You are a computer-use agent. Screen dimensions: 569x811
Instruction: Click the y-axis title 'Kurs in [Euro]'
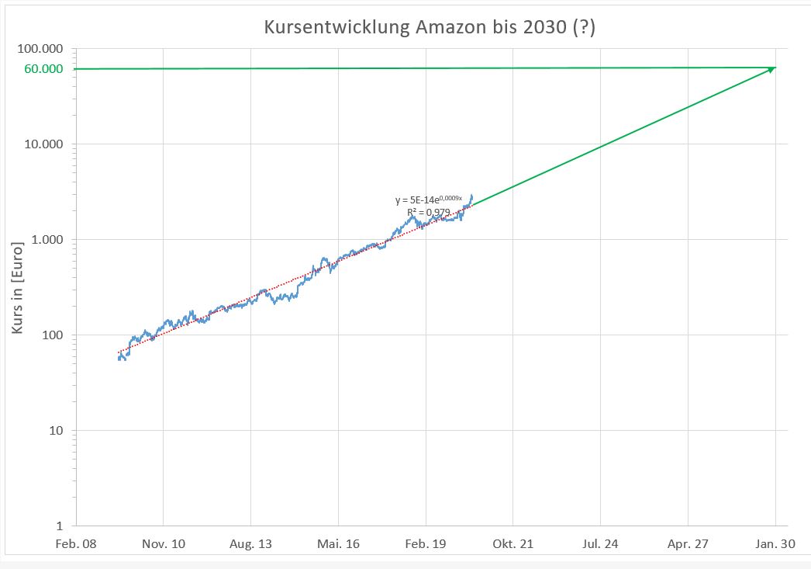(17, 287)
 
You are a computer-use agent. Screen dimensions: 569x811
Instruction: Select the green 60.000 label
(43, 69)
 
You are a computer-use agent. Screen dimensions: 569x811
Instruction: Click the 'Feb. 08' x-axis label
(76, 544)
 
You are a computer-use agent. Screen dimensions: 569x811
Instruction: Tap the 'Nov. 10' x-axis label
(164, 544)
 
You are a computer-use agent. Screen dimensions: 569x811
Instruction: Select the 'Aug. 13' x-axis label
(251, 544)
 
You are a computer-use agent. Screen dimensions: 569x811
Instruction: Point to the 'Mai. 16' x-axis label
(339, 544)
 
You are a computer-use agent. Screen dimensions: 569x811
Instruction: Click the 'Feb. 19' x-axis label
(426, 544)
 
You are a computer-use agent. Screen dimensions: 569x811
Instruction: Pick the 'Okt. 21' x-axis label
(513, 544)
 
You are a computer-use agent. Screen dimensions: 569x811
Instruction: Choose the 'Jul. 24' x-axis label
(601, 544)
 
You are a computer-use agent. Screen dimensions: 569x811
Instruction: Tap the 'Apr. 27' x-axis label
(688, 544)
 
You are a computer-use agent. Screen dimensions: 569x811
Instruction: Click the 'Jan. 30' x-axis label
(776, 544)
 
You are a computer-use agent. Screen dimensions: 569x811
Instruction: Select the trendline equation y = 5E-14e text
(429, 200)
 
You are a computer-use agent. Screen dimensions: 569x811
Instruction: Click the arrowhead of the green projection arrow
(771, 70)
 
